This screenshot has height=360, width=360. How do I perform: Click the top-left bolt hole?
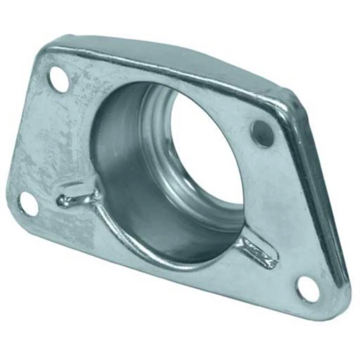tap(60, 78)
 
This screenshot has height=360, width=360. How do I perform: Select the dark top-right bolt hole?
tap(262, 133)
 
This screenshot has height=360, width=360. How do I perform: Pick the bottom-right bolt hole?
tap(308, 289)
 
